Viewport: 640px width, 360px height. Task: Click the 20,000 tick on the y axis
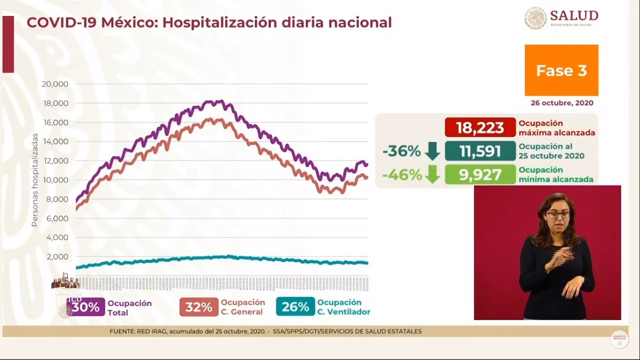[x=55, y=84]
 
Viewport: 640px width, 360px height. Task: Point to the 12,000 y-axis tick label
[x=55, y=161]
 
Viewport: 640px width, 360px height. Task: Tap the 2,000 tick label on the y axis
[x=57, y=257]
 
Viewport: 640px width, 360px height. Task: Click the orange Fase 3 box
[x=561, y=70]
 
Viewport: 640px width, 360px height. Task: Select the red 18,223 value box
[x=479, y=127]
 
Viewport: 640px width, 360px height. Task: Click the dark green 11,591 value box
[x=479, y=151]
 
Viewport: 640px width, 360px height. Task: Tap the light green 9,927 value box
[x=479, y=175]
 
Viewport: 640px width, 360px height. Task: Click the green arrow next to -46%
[x=432, y=175]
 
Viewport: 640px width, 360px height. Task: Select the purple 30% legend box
[x=86, y=307]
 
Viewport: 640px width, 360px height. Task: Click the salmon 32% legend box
[x=199, y=307]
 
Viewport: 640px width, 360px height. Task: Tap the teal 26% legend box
[x=295, y=307]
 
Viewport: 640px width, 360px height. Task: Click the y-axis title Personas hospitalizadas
[x=35, y=180]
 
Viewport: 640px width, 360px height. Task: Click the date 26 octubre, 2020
[x=562, y=103]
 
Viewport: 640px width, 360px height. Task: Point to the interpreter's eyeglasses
[x=558, y=214]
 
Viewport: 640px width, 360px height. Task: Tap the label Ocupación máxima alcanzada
[x=556, y=127]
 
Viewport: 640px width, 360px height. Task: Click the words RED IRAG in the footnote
[x=152, y=331]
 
